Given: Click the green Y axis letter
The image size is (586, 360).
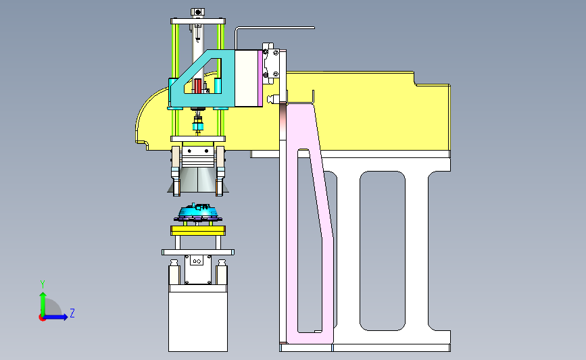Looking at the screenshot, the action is (43, 284).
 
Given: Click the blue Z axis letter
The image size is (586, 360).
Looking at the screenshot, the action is (72, 313).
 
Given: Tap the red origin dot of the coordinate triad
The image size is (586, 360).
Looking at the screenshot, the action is (42, 317).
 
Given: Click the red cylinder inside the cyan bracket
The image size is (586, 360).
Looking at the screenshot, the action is (198, 86).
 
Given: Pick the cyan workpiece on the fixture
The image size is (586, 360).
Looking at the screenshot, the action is (198, 212).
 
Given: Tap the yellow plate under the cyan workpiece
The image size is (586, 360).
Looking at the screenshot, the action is (198, 230).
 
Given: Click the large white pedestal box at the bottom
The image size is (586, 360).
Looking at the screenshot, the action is (198, 321).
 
